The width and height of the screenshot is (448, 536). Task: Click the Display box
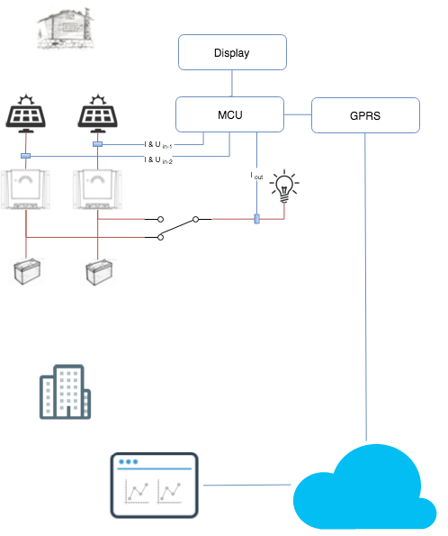tap(232, 52)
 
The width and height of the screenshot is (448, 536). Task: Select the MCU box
tap(229, 114)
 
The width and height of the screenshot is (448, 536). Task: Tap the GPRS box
tap(365, 115)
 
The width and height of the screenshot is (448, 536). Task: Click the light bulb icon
tap(284, 186)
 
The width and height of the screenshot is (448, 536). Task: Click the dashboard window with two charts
tap(155, 485)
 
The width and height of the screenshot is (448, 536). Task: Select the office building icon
tap(65, 392)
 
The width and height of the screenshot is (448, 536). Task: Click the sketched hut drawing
tap(65, 28)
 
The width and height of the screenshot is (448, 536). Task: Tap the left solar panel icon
tap(25, 114)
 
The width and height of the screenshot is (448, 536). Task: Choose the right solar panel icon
tap(98, 114)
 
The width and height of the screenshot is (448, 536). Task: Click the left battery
tap(26, 271)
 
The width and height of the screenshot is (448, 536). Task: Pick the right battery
tap(98, 272)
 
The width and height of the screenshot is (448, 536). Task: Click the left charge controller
tap(25, 189)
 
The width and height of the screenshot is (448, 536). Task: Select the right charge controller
tap(98, 189)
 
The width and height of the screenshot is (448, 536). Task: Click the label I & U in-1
tap(158, 145)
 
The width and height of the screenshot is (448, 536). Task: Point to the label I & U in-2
tap(158, 160)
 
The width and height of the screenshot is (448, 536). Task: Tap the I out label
tap(256, 176)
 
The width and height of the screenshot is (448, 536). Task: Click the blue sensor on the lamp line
tap(256, 219)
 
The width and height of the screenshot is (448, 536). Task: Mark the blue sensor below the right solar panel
tap(98, 144)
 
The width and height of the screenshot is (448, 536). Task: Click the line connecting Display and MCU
tap(232, 84)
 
